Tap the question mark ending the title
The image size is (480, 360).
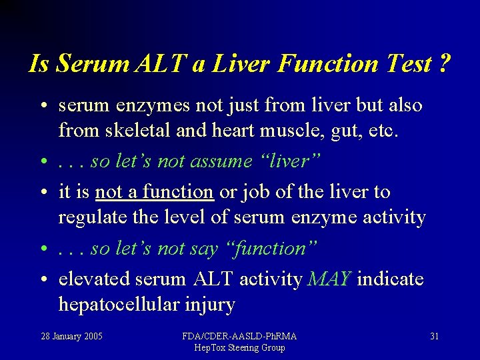[x=444, y=64]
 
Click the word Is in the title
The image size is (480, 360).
[x=40, y=64]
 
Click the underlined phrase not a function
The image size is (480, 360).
[x=154, y=192]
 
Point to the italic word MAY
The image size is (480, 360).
[x=329, y=279]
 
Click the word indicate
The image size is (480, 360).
[x=390, y=279]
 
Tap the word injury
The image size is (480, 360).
[x=212, y=306]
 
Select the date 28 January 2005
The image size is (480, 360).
[x=72, y=336]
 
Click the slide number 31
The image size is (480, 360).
[x=434, y=336]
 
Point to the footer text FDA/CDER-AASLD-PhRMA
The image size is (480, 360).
[x=239, y=336]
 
